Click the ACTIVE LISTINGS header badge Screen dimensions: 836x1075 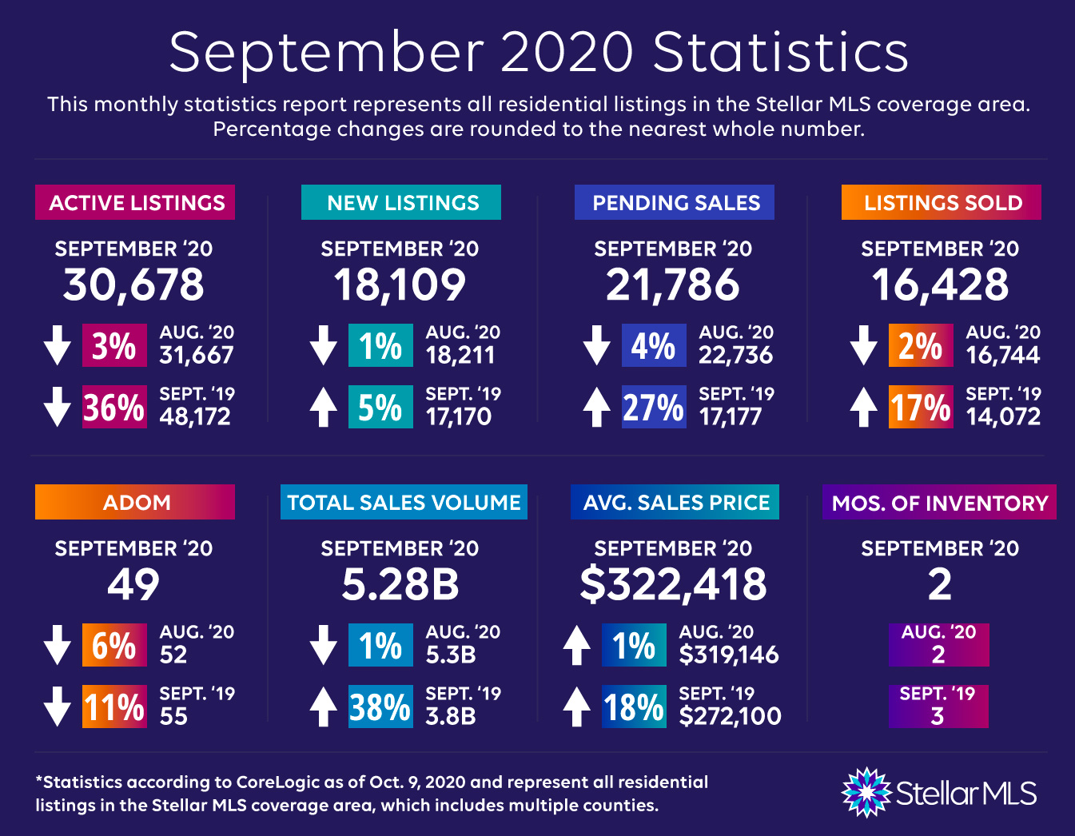(x=135, y=202)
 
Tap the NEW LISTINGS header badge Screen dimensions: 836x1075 (x=401, y=202)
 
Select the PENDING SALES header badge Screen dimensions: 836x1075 (x=675, y=202)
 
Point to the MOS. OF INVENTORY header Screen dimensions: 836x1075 (x=939, y=502)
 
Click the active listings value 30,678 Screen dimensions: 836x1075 (x=133, y=285)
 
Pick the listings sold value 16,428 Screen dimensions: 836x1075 (x=940, y=285)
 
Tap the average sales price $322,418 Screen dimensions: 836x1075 (x=673, y=585)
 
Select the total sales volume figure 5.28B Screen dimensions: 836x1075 (x=400, y=585)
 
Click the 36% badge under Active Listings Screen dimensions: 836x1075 (x=114, y=407)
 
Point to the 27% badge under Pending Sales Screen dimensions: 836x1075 (x=654, y=407)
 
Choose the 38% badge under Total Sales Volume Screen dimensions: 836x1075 (x=380, y=707)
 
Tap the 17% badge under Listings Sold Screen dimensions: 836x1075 (x=921, y=407)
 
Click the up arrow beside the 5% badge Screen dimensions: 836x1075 (x=323, y=407)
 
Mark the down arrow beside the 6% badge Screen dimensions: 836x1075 (x=58, y=645)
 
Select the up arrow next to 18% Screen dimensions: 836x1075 (x=576, y=707)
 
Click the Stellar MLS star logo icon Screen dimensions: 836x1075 (x=866, y=793)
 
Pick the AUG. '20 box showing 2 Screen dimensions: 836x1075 (x=938, y=645)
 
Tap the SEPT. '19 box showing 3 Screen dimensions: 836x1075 (x=938, y=707)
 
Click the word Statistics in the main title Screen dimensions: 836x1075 (x=780, y=53)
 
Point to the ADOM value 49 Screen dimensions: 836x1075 (x=133, y=585)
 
